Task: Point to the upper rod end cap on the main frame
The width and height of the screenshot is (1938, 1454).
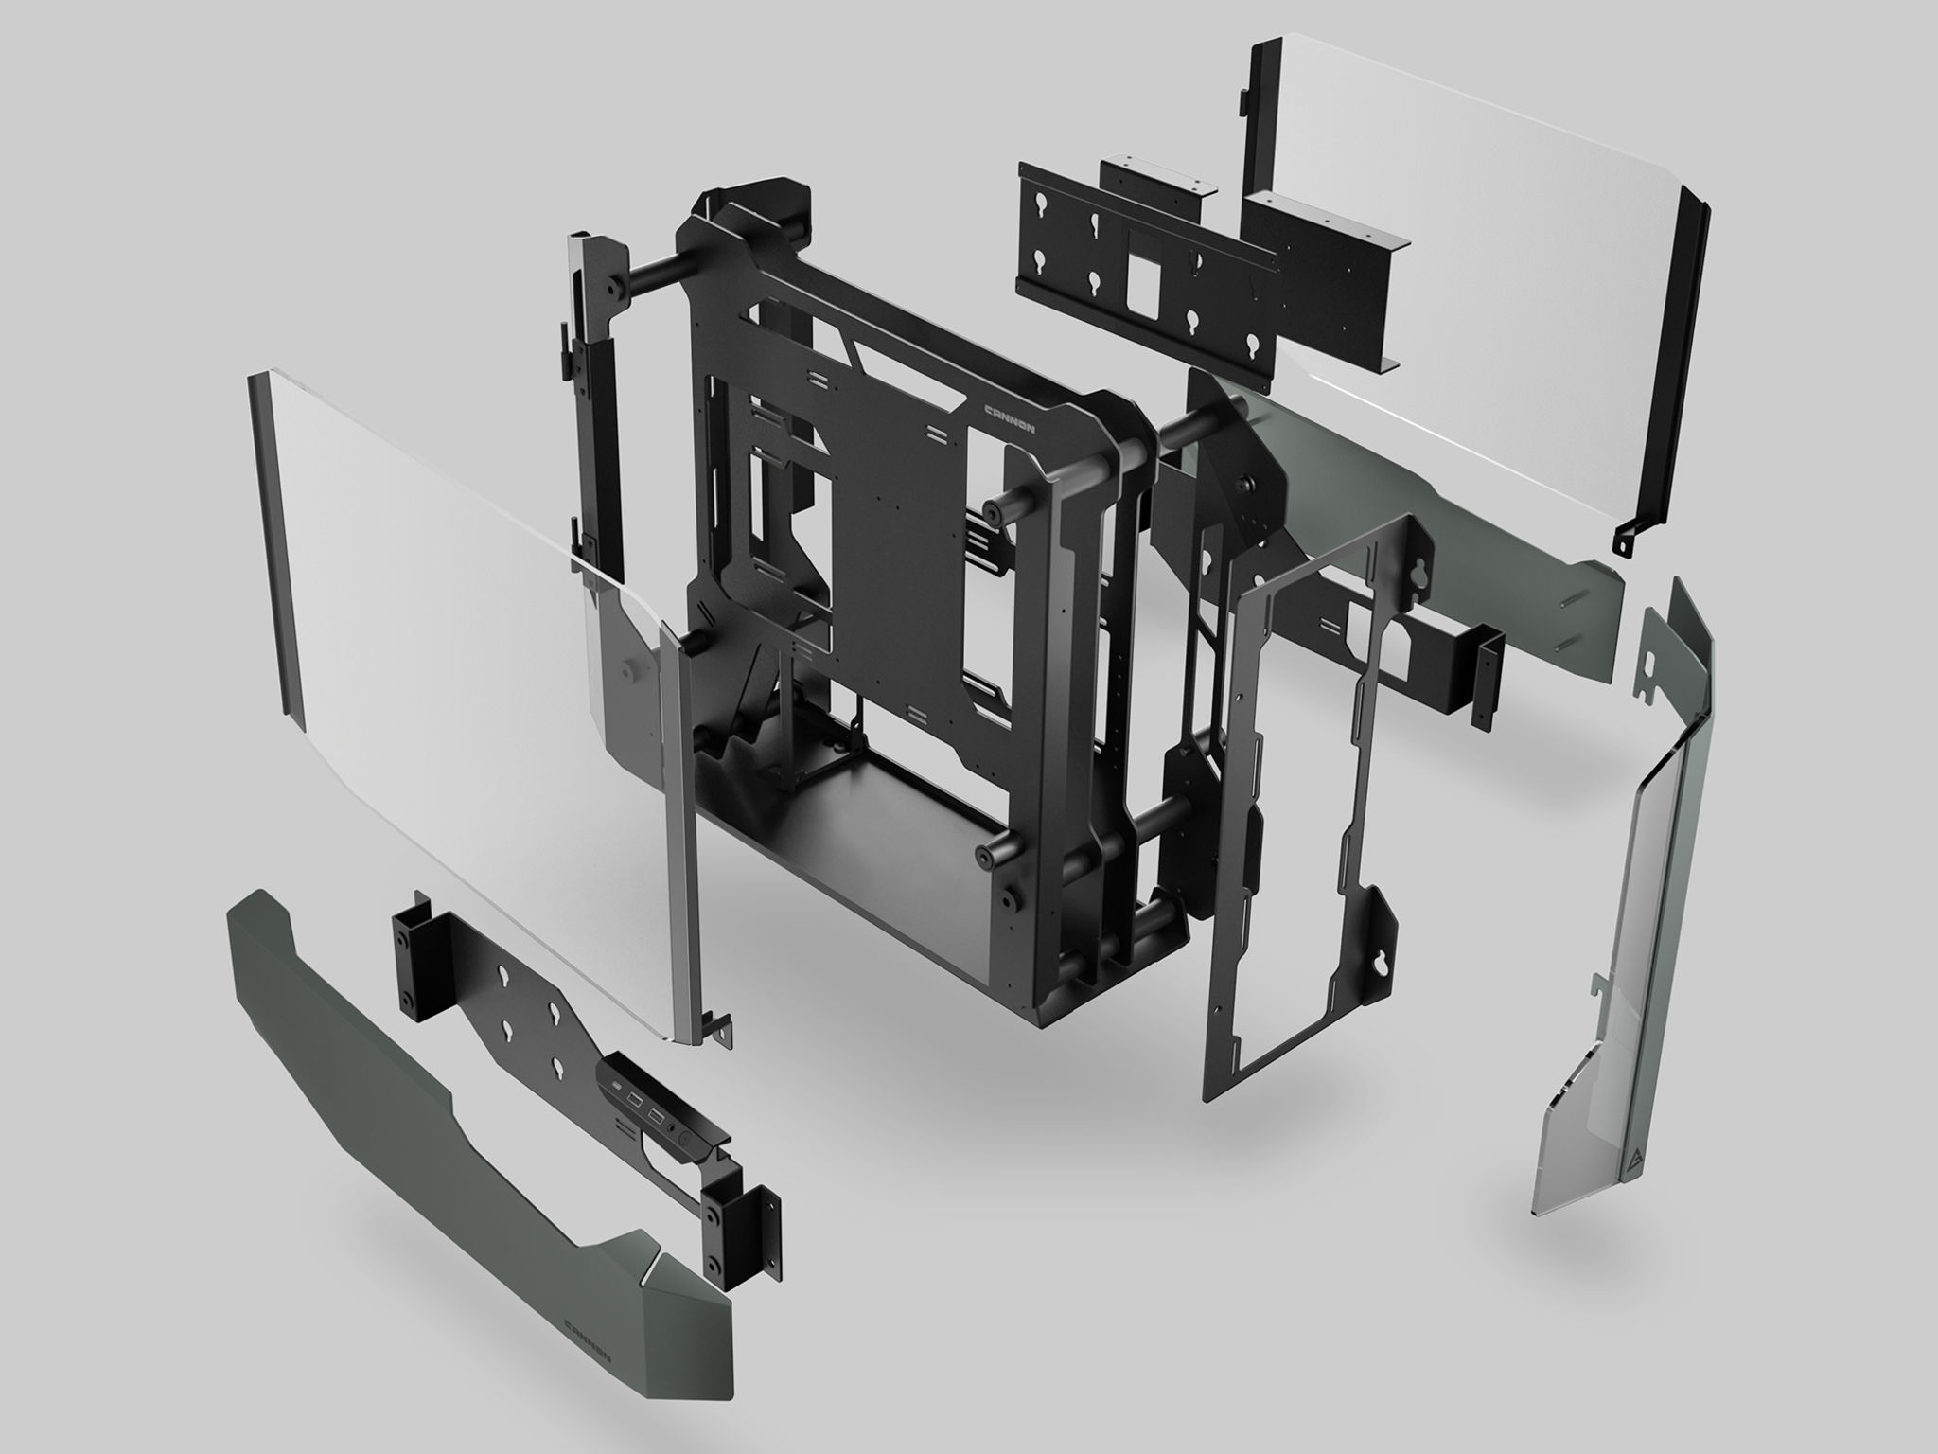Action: tap(993, 512)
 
